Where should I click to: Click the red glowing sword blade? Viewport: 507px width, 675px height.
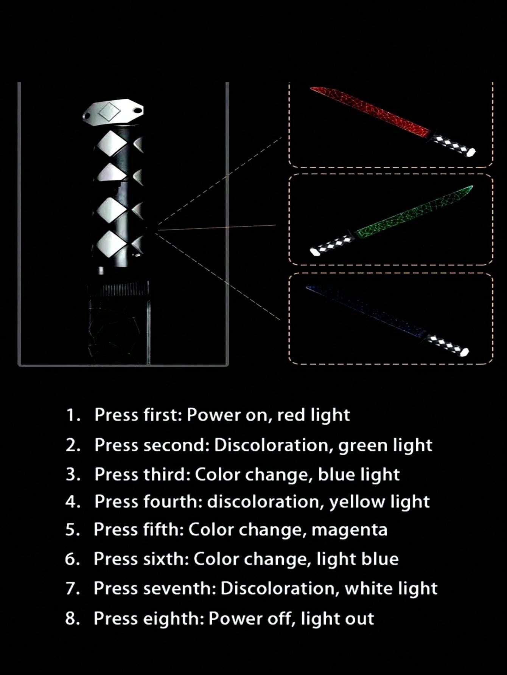pyautogui.click(x=370, y=112)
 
